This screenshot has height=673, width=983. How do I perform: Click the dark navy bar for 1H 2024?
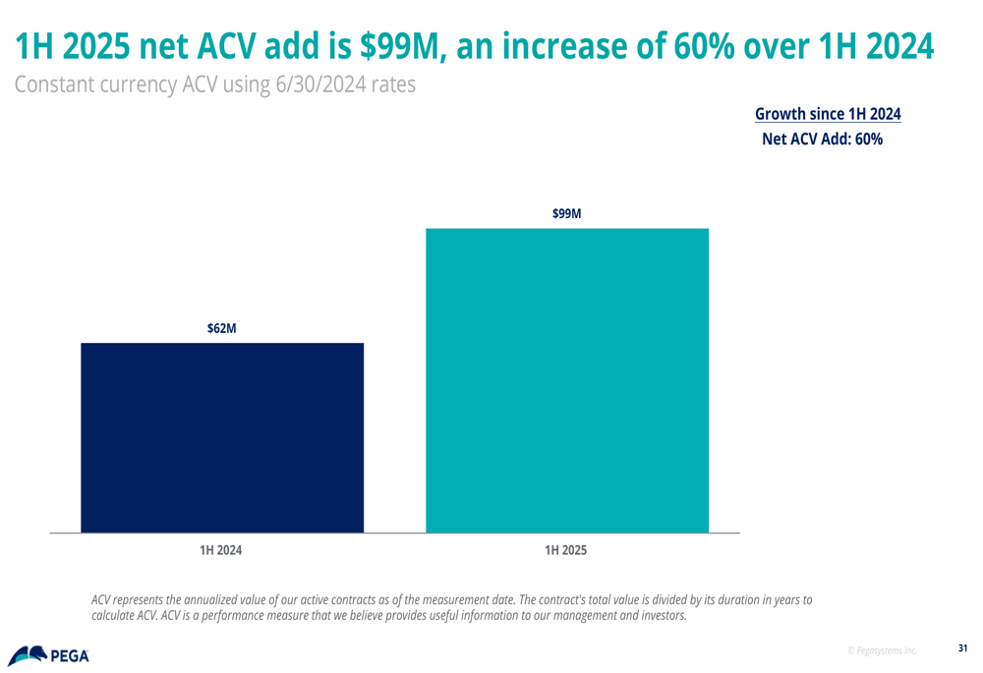[222, 437]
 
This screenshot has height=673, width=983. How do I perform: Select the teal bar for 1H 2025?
[566, 380]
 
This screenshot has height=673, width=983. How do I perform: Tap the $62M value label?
[221, 328]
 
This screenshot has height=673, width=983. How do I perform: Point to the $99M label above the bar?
[567, 213]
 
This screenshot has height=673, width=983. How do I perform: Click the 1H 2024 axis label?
[220, 550]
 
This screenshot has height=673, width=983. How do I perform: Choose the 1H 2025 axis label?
[565, 550]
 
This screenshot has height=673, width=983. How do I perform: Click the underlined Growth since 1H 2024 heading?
[827, 114]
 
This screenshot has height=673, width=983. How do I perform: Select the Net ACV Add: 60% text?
[822, 140]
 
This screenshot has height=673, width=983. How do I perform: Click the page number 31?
[962, 647]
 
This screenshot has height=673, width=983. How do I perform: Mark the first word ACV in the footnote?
[102, 599]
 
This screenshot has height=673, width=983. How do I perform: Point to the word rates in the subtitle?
[392, 84]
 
